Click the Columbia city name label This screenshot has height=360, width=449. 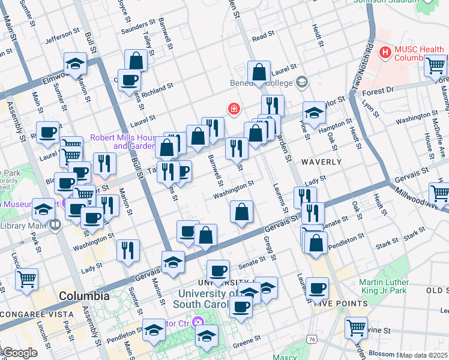pyautogui.click(x=84, y=296)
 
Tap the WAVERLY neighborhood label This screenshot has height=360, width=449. pyautogui.click(x=321, y=162)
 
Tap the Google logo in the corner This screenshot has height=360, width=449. pyautogui.click(x=20, y=353)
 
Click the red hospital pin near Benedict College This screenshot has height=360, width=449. pyautogui.click(x=233, y=109)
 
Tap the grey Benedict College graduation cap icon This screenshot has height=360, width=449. pyautogui.click(x=302, y=82)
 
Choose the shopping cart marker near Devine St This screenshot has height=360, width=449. pyautogui.click(x=356, y=328)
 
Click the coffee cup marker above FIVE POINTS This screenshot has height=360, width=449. pyautogui.click(x=317, y=289)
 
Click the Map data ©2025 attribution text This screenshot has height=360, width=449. pyautogui.click(x=424, y=355)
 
